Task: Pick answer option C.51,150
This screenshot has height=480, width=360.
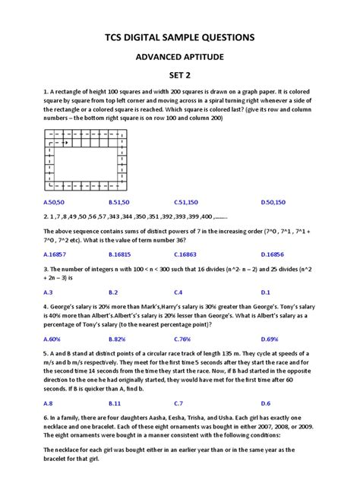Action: (186, 204)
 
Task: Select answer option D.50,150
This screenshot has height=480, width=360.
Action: (273, 204)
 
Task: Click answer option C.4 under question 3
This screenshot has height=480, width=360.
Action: (178, 292)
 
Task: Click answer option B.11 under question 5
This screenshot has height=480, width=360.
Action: (115, 403)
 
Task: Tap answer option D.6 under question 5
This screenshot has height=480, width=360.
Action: (265, 403)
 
